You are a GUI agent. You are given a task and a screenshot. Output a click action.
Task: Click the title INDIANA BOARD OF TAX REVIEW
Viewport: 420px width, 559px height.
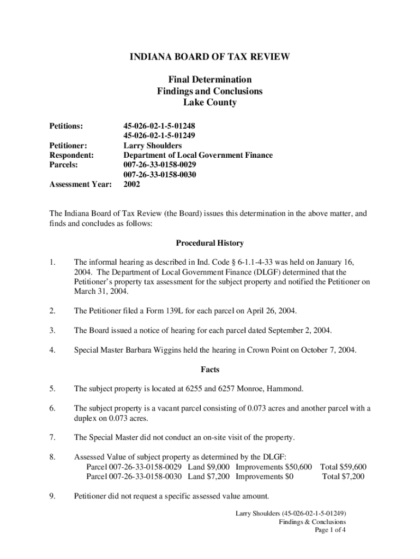point(209,57)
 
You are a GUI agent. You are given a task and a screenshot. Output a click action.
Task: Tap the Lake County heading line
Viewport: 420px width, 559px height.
point(209,103)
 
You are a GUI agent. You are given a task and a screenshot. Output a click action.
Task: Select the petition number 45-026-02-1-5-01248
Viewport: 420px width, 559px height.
point(159,126)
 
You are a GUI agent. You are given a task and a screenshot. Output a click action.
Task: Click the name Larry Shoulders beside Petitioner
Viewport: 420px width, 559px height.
point(153,146)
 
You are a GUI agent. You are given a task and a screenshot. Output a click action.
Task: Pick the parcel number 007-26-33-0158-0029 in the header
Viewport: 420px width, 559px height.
point(160,165)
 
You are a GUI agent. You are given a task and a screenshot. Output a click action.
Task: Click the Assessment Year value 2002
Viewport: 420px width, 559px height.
point(132,185)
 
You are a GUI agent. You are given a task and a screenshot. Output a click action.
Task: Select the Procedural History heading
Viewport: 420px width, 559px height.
point(209,243)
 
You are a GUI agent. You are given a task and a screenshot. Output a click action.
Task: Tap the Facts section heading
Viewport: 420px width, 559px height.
point(209,370)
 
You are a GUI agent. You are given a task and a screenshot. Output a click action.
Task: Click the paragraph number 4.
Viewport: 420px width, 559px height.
point(52,350)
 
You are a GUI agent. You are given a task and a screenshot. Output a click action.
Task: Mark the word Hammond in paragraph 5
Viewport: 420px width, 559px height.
point(286,389)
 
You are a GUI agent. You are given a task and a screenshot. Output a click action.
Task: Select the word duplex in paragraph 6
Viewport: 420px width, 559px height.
point(86,419)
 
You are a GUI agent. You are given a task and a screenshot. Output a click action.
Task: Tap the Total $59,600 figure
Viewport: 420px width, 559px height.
point(343,467)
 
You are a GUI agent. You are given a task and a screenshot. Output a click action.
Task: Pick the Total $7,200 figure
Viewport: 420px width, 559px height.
point(344,477)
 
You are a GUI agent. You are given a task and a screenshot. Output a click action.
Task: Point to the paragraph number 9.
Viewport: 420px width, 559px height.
point(52,496)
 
